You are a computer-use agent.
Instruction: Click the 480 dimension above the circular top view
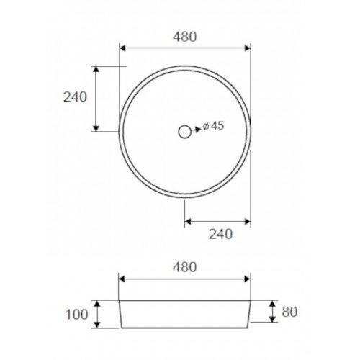click(185, 37)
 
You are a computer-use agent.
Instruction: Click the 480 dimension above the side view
click(185, 267)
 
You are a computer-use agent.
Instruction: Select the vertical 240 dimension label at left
click(75, 97)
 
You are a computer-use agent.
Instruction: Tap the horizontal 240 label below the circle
click(220, 234)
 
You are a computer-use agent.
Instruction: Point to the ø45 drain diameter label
click(213, 126)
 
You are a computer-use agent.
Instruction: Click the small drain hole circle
click(185, 132)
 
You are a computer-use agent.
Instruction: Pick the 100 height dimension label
click(76, 315)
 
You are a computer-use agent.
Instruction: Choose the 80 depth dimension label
click(289, 312)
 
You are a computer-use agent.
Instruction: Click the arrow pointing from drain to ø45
click(196, 130)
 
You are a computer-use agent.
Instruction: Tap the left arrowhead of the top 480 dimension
click(122, 48)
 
